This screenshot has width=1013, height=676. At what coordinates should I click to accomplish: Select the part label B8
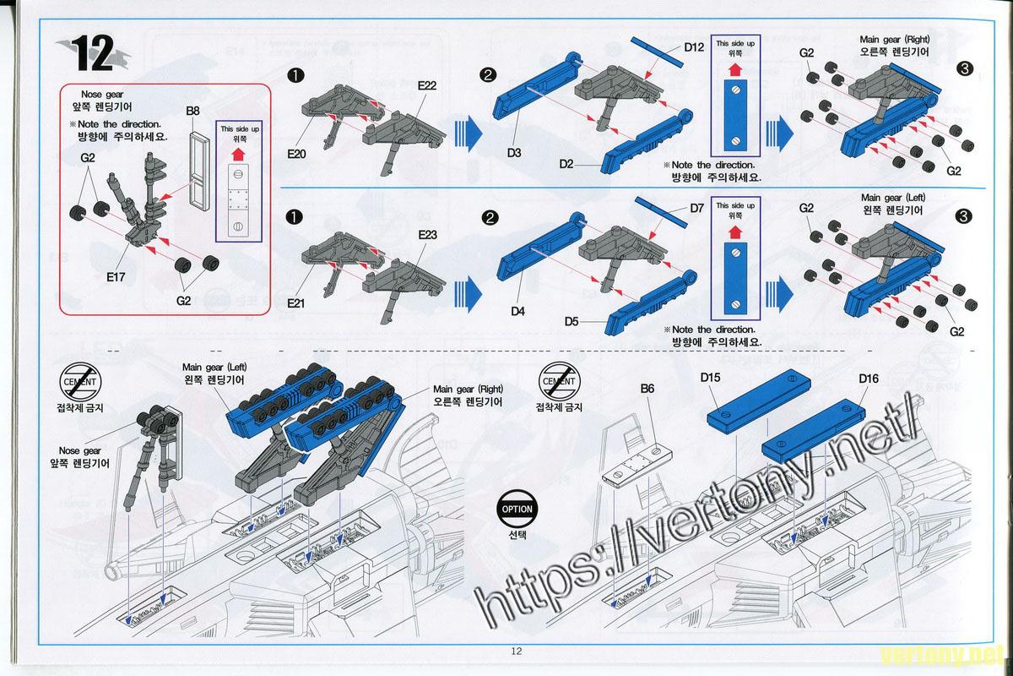[x=193, y=111]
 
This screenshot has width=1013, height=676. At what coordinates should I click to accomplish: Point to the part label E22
[x=426, y=85]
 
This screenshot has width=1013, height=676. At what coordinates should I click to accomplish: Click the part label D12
[x=694, y=47]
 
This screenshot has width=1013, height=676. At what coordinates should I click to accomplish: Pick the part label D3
[x=515, y=153]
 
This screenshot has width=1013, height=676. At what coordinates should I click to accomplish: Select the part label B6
[x=648, y=389]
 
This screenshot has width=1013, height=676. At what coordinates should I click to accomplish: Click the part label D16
[x=869, y=379]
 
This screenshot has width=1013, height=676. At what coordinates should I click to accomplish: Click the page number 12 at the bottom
[x=517, y=651]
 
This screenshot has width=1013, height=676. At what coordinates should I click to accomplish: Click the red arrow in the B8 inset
[x=238, y=155]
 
